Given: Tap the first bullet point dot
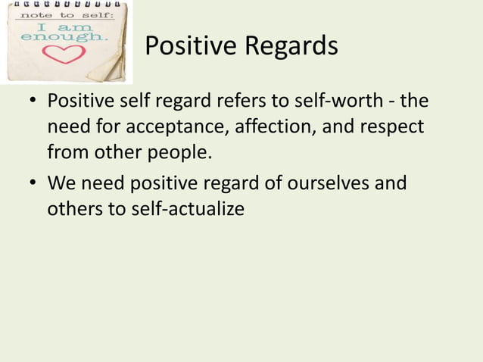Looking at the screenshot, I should (x=30, y=101).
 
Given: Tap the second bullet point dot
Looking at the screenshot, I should (x=30, y=183).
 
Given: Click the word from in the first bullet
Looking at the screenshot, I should (x=65, y=153).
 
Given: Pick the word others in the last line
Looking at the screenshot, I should (x=73, y=208).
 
